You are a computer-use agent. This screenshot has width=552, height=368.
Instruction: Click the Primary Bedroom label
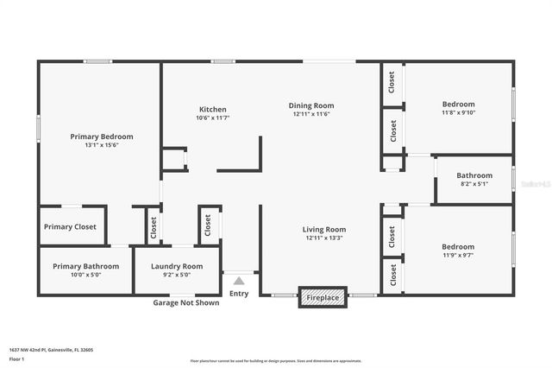click(102, 136)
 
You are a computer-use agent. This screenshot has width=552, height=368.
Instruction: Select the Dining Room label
click(310, 105)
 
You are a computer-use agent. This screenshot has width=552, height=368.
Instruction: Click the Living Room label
click(323, 229)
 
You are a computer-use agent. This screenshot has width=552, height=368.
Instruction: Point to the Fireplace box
click(323, 297)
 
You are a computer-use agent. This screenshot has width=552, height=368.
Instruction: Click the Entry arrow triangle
click(239, 281)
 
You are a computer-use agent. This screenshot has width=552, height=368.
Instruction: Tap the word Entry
click(239, 294)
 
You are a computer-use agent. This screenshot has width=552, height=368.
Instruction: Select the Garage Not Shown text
click(185, 302)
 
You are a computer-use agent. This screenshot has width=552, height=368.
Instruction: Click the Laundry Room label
click(177, 266)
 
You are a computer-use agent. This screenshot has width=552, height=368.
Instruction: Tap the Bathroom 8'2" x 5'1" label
click(474, 175)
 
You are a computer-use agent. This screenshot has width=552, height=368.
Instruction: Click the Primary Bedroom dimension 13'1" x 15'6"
click(102, 145)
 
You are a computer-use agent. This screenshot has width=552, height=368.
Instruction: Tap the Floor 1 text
click(16, 358)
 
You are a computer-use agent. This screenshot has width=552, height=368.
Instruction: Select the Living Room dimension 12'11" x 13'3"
click(323, 238)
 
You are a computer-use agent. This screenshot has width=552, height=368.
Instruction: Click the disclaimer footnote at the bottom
click(276, 361)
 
